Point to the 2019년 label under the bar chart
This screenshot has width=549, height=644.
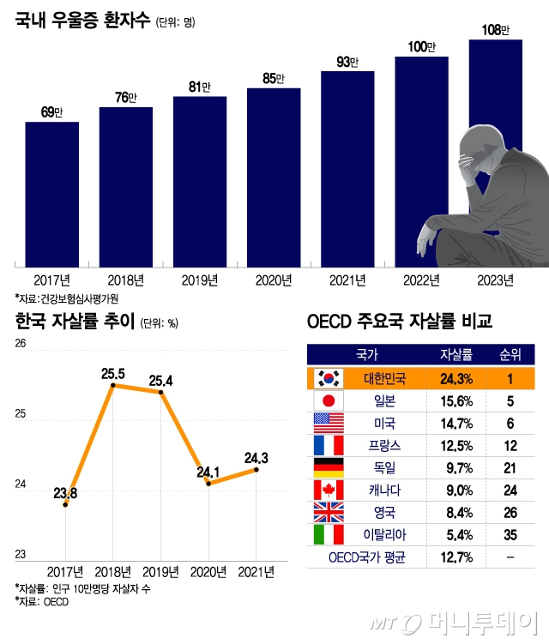click(x=200, y=280)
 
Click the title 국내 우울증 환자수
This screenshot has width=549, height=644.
click(x=82, y=20)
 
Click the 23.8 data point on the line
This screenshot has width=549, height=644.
click(x=66, y=505)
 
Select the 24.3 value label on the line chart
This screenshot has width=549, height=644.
click(x=258, y=458)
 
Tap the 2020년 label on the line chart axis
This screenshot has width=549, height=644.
click(x=207, y=572)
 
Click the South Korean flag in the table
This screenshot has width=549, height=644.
click(x=329, y=378)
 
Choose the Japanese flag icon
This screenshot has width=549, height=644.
click(x=329, y=400)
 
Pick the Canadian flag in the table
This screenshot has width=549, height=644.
click(x=329, y=490)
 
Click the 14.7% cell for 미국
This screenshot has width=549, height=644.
click(x=455, y=423)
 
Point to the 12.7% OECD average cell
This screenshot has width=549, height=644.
click(x=455, y=558)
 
